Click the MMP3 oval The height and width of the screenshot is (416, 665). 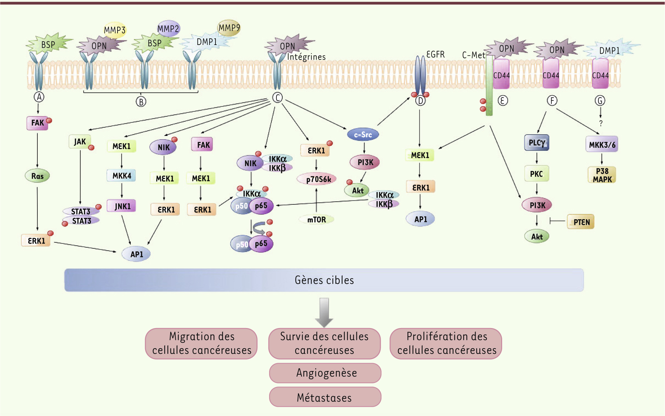point(115,30)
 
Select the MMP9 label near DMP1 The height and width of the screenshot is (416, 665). point(229,28)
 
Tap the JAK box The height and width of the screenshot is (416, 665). point(80,142)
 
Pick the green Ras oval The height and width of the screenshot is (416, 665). point(37,176)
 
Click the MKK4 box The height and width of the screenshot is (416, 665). point(121,176)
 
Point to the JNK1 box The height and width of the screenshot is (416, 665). point(122,206)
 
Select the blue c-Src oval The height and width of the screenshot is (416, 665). point(363,135)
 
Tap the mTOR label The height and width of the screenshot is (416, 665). point(316,220)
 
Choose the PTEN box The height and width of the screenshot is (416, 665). point(581,222)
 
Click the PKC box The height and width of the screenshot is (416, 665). point(537,174)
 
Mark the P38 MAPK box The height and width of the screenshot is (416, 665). point(602,175)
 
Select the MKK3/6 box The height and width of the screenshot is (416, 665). point(602,145)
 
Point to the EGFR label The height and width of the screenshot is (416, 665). point(435,54)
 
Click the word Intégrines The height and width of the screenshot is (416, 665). point(306,57)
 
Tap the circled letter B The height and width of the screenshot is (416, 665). point(141,102)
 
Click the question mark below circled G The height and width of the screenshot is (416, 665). point(601,123)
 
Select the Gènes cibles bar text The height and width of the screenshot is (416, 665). point(324,280)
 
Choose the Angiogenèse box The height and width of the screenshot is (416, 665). point(325,373)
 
